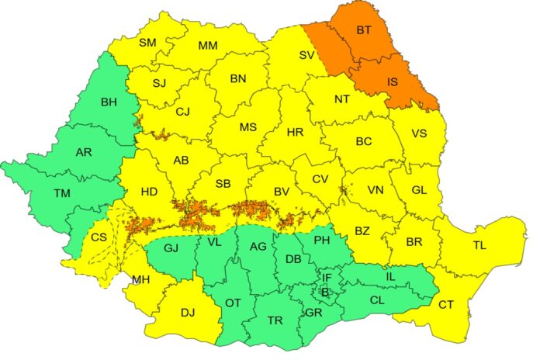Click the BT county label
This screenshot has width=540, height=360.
[364, 31]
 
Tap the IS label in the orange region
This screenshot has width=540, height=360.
[393, 81]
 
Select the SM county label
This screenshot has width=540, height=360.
[147, 43]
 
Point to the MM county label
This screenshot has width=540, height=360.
[207, 46]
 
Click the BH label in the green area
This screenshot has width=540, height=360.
[109, 101]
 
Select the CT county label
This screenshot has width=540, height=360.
[446, 305]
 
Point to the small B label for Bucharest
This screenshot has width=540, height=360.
[325, 292]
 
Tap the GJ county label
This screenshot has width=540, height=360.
[171, 249]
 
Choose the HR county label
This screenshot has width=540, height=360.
[295, 133]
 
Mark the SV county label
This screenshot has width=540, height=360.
[307, 55]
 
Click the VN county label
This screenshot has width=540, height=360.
[376, 190]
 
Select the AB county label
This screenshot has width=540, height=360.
[181, 161]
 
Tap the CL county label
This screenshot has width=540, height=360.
[377, 299]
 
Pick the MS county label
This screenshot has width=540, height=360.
[247, 127]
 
